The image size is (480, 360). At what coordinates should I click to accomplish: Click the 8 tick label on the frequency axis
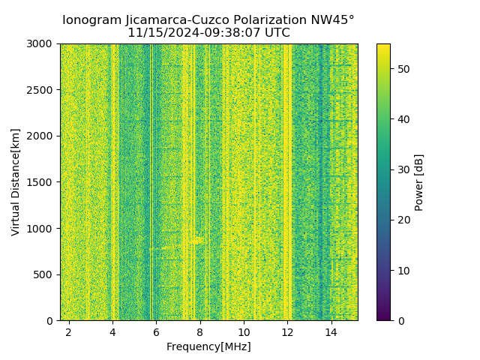pyautogui.click(x=200, y=331)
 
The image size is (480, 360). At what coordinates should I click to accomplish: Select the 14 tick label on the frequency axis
pyautogui.click(x=331, y=331)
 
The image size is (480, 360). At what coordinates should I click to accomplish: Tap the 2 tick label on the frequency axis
pyautogui.click(x=69, y=331)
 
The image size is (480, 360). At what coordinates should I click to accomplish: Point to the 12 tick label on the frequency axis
pyautogui.click(x=287, y=331)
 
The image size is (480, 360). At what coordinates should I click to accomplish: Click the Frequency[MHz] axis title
pyautogui.click(x=208, y=346)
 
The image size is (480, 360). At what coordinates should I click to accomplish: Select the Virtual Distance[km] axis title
pyautogui.click(x=16, y=182)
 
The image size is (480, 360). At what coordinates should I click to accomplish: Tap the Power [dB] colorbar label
pyautogui.click(x=419, y=182)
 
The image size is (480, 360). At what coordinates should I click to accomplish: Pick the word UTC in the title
pyautogui.click(x=275, y=33)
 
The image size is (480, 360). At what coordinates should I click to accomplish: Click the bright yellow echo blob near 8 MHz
pyautogui.click(x=196, y=241)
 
